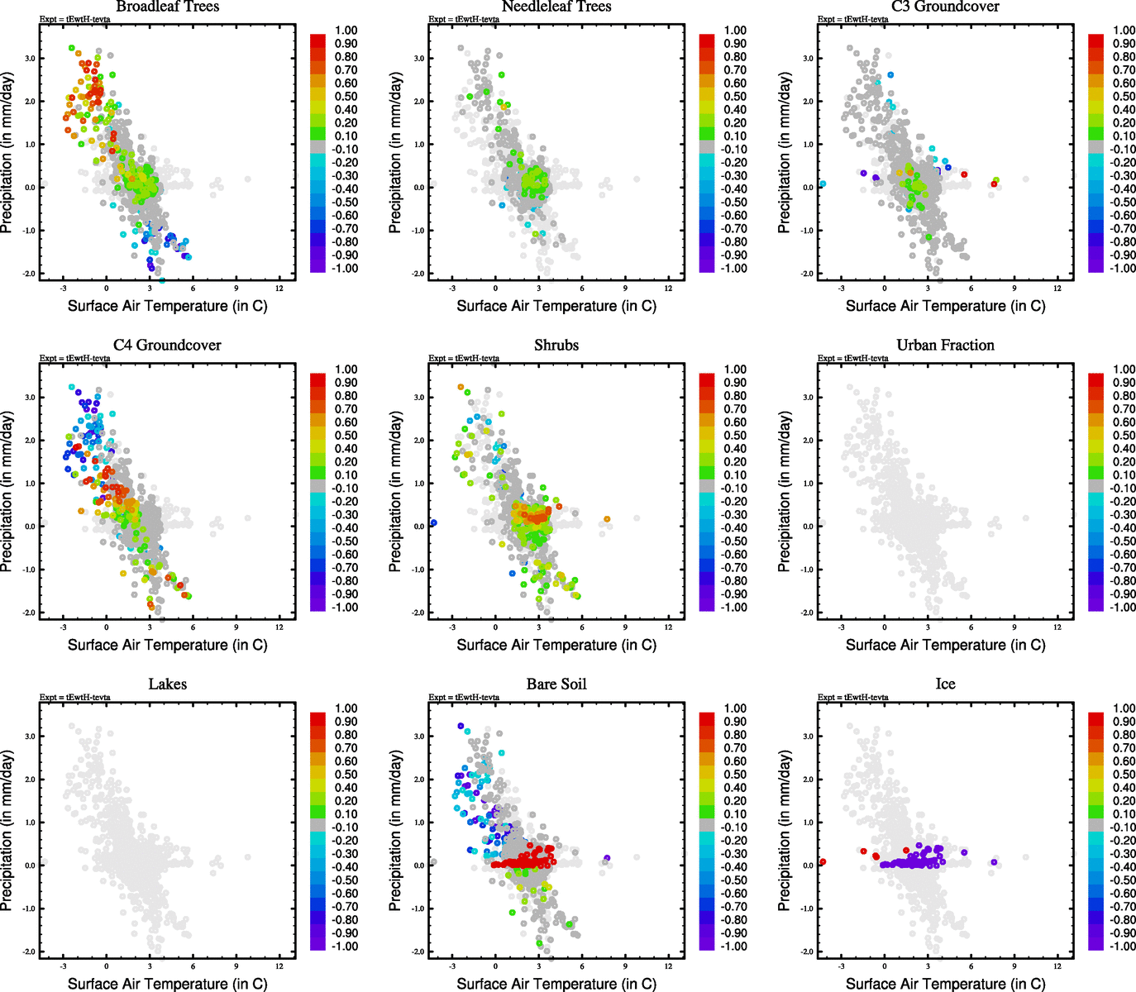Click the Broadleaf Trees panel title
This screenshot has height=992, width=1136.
[168, 7]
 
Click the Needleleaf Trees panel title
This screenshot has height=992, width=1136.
[556, 7]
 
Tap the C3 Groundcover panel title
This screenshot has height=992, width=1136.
[945, 7]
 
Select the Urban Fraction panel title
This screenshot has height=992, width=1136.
[945, 346]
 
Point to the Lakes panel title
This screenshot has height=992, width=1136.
[168, 684]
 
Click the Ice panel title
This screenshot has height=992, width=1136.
[945, 684]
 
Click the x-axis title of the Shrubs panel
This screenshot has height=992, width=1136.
[556, 645]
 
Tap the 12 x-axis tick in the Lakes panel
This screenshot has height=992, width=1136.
[279, 966]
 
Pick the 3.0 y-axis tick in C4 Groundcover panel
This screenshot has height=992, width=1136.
[30, 398]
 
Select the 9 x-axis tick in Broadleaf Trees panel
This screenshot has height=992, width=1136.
[236, 289]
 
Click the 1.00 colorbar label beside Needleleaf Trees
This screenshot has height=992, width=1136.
[735, 31]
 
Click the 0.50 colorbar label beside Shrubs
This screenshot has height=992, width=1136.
[735, 436]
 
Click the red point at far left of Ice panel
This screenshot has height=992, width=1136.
[823, 862]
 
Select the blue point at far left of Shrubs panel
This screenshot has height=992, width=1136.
[433, 522]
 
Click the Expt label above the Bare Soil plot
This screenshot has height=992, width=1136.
[464, 697]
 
